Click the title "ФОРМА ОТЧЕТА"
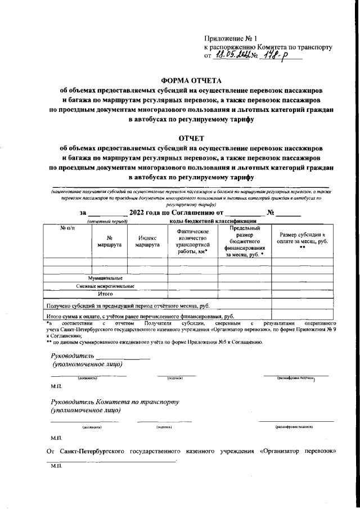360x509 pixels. (191, 80)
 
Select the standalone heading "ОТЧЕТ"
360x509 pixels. (191, 138)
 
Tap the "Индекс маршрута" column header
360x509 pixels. (147, 241)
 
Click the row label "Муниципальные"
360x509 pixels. (105, 278)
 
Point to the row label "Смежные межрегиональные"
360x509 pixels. (105, 286)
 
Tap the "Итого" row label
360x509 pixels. (105, 294)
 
